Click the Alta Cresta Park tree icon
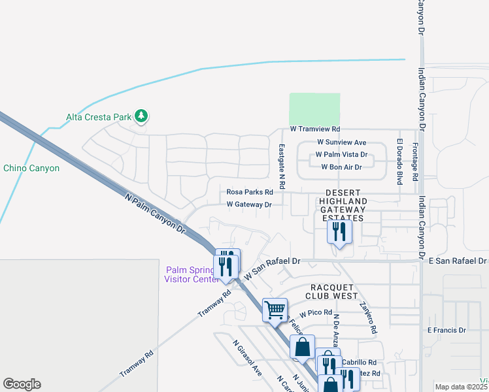point(141,117)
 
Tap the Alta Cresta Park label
point(99,118)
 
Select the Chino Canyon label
point(31,168)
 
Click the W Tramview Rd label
point(316,130)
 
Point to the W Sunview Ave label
point(341,142)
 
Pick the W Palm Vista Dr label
point(341,155)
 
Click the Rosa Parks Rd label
point(249,192)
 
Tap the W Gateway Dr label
point(248,204)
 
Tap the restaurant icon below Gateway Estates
point(339,231)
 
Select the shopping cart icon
point(275,309)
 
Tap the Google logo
point(22,384)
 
